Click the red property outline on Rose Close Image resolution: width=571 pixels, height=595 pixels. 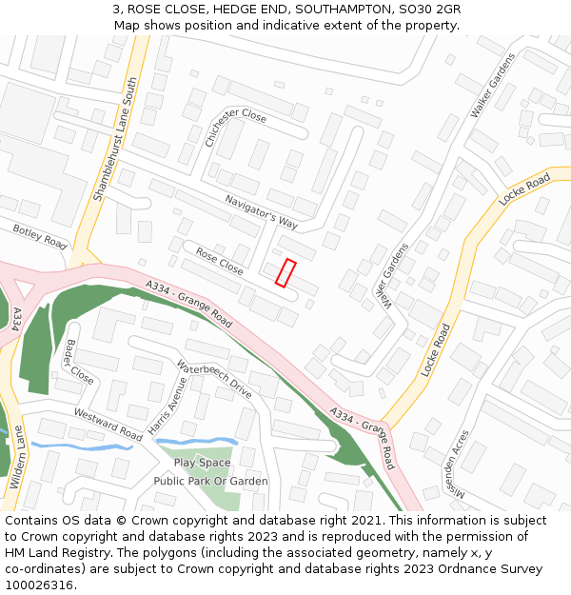[x=285, y=272]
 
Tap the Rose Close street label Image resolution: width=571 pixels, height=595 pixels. [x=219, y=262]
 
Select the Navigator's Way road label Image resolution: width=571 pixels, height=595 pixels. [x=262, y=212]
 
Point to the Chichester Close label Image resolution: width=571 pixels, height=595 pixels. [x=236, y=127]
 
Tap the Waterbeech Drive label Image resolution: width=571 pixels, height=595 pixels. [x=214, y=378]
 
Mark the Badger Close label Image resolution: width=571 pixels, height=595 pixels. [x=79, y=362]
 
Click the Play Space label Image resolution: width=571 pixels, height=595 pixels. [x=202, y=463]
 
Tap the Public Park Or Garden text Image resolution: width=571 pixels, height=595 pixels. [x=210, y=482]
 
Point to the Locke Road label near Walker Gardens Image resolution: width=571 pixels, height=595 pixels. [x=525, y=191]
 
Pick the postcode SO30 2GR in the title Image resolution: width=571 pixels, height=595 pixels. [x=429, y=10]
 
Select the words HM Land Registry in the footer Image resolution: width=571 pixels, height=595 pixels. [x=56, y=553]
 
